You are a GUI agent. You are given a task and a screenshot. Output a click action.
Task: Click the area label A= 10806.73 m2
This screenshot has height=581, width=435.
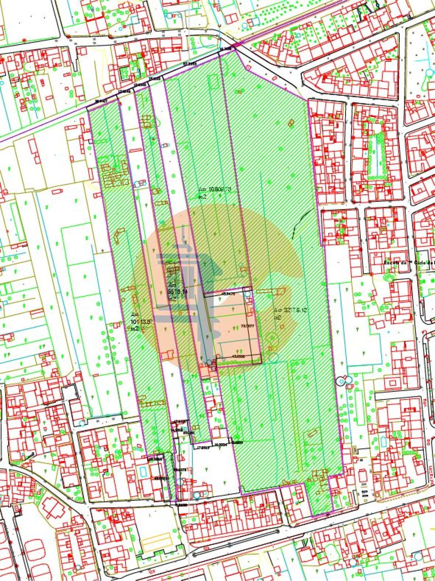(215, 192)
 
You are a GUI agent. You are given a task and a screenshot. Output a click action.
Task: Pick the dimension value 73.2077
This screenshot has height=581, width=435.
(247, 326)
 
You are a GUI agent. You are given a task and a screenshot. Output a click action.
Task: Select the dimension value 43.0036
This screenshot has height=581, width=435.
(238, 356)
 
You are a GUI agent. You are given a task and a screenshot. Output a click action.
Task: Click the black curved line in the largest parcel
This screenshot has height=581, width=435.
(301, 221)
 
